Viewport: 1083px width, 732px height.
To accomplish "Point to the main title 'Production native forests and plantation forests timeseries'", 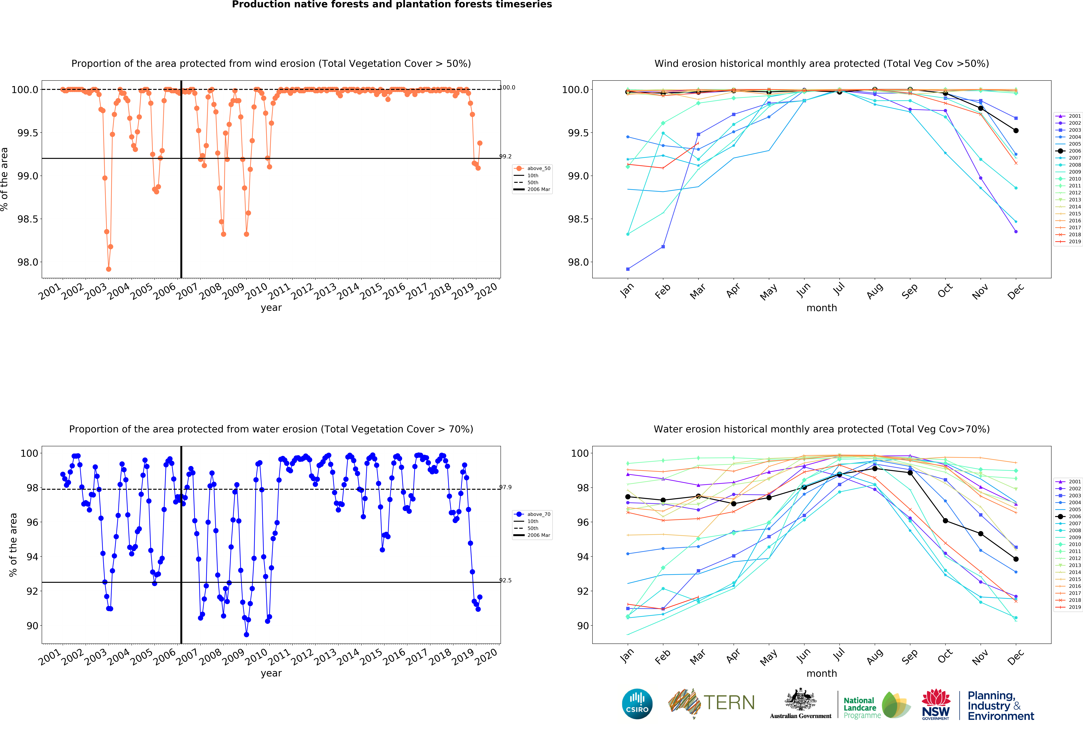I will pyautogui.click(x=392, y=5).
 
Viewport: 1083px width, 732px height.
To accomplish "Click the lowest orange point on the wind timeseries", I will pyautogui.click(x=109, y=269).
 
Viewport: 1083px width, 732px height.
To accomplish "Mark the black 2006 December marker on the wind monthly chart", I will pyautogui.click(x=1016, y=131).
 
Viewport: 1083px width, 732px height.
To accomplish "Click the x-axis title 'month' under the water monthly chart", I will pyautogui.click(x=822, y=673).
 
